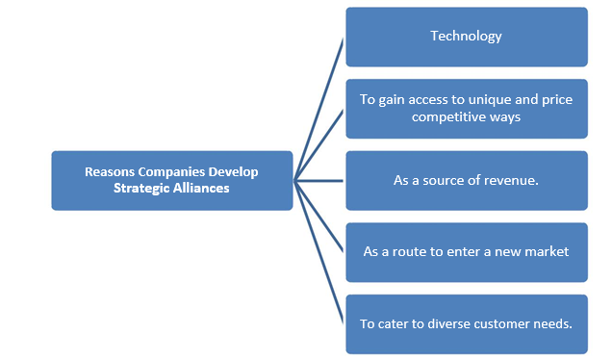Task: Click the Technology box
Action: (x=466, y=37)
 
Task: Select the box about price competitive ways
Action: (x=466, y=108)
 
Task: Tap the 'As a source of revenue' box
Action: (x=466, y=180)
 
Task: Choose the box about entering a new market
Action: (x=466, y=251)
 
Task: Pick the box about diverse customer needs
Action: (x=466, y=323)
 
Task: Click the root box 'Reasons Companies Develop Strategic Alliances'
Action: (x=171, y=180)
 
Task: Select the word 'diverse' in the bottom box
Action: (x=449, y=323)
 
